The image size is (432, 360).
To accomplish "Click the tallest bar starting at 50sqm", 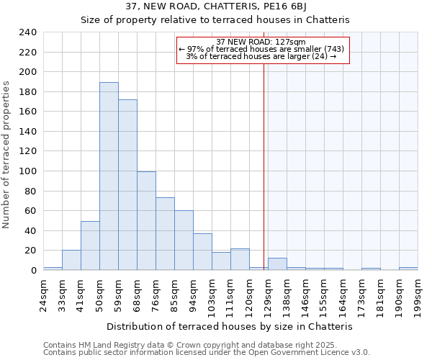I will pos(109,176).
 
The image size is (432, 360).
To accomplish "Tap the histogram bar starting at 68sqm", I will pos(146,221).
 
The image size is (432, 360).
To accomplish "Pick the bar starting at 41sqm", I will pos(90,246).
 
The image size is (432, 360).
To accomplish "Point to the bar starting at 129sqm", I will pos(277,264).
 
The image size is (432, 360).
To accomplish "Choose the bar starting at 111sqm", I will pos(240,259).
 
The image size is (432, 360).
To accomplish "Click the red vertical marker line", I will pos(264,166).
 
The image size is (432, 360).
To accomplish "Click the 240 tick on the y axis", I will pos(27,32).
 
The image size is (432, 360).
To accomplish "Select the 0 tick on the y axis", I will pos(33,270).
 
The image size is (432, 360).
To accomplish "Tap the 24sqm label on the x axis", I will pos(43,291).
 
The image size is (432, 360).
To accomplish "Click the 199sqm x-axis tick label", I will pos(418,291).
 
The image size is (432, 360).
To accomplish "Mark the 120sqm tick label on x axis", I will pos(249,291).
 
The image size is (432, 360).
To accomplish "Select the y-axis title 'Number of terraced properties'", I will pos(6,154).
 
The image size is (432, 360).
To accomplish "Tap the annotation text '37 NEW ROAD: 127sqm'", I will pos(261,42).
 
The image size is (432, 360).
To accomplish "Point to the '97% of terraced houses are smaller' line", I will pos(261,49).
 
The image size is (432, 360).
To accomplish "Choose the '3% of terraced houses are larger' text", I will pos(261,56).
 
